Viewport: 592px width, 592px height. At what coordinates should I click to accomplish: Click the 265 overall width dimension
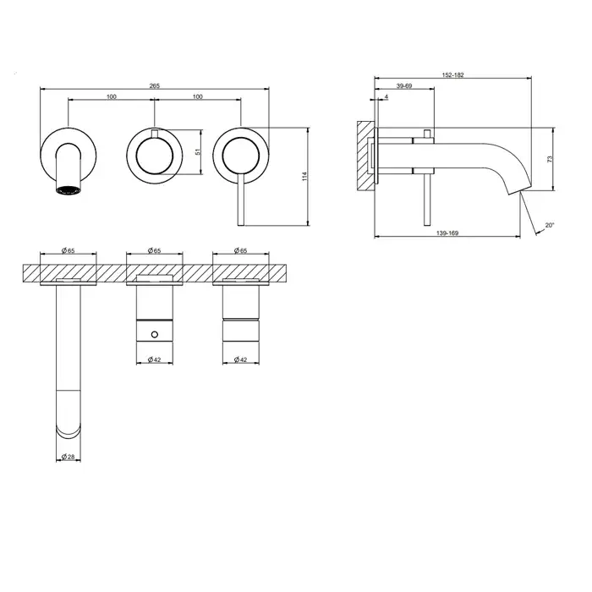click(x=155, y=85)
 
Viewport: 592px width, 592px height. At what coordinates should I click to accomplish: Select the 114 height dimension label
click(x=304, y=176)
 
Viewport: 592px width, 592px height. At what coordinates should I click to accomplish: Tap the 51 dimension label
click(x=198, y=151)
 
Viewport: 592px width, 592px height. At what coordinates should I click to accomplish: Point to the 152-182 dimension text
click(x=452, y=74)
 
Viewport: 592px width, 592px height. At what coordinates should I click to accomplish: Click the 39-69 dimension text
click(x=404, y=85)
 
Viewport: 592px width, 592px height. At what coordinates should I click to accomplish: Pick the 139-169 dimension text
click(x=447, y=233)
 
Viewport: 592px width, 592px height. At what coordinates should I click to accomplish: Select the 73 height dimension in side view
click(x=550, y=159)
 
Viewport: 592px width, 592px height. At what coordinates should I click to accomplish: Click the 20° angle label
click(x=550, y=226)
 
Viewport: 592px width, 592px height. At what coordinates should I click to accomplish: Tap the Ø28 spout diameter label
click(x=69, y=457)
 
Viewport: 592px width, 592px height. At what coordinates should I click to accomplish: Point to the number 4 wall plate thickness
click(x=386, y=96)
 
